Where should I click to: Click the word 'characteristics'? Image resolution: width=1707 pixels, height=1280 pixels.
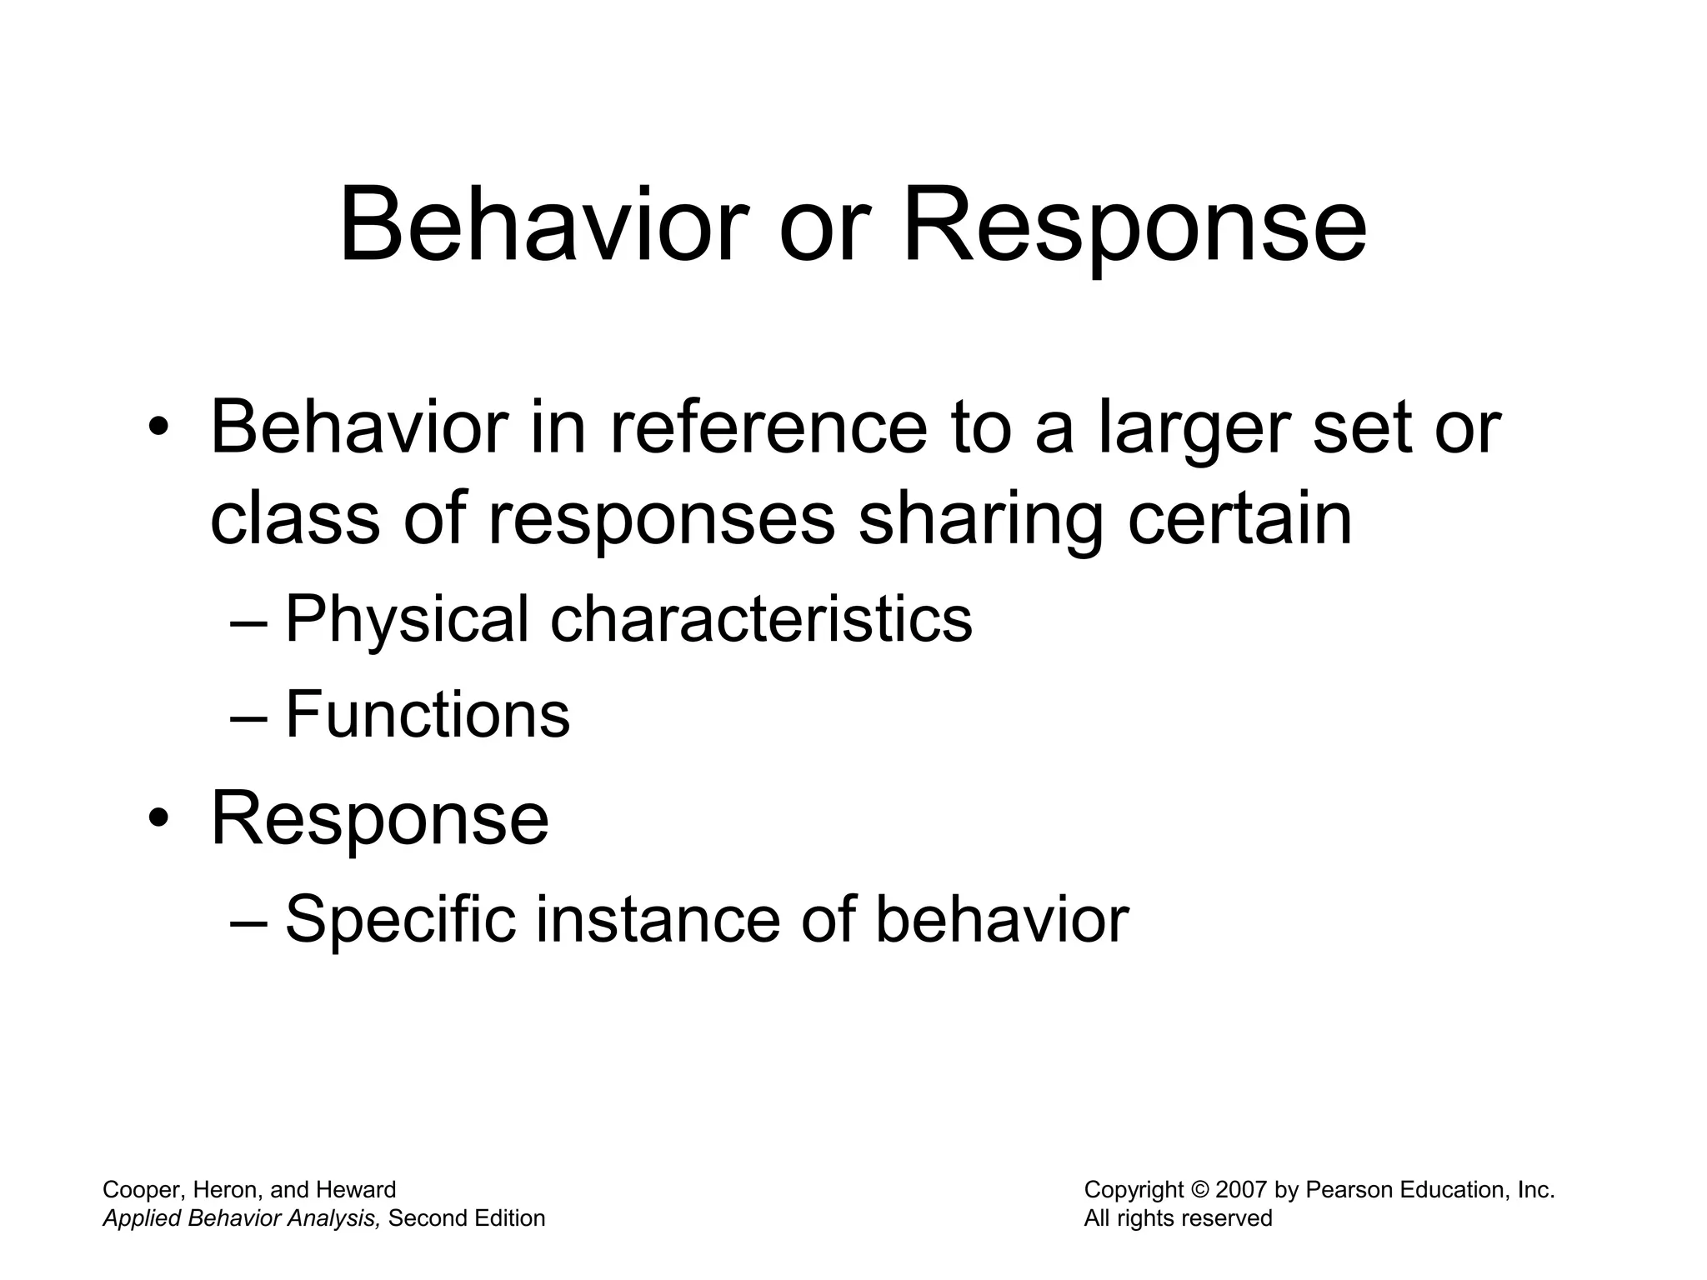[x=761, y=619]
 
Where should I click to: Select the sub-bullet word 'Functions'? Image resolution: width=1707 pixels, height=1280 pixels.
[x=428, y=715]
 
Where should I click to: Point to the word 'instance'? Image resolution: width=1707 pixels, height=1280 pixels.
[x=656, y=920]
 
